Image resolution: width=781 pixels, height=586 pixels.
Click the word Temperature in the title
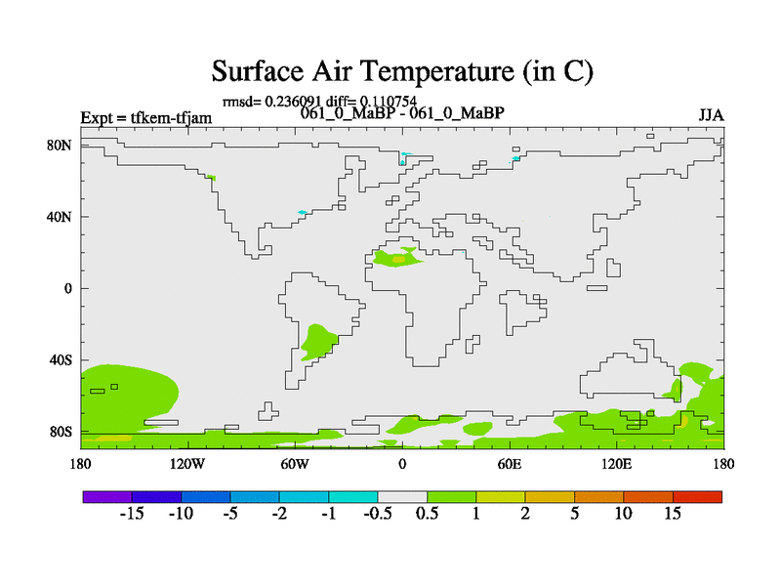435,71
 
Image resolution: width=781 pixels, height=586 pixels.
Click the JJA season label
711,115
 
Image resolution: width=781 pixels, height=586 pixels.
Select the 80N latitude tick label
60,145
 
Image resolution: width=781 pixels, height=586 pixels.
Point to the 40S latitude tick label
61,359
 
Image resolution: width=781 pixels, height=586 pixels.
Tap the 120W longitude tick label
187,465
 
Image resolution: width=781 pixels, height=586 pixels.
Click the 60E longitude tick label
509,465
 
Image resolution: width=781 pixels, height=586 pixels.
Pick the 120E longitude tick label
616,465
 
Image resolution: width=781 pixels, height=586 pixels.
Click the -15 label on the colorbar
132,514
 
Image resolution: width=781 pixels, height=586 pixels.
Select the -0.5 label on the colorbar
378,514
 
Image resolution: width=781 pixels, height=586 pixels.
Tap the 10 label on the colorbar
623,514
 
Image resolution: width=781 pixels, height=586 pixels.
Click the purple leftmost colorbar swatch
107,497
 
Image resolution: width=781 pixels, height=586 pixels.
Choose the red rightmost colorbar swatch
697,497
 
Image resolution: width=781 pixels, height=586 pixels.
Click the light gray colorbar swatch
402,497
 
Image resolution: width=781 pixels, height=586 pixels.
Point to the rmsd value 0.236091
293,102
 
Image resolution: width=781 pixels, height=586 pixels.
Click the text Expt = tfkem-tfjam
145,118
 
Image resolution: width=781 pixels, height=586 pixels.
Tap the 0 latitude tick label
67,288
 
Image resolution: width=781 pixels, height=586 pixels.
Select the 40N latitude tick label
60,217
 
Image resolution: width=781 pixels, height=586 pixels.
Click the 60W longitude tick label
295,465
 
